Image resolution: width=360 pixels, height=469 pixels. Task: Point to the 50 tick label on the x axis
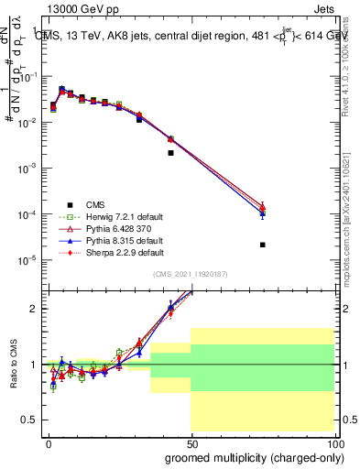(x=191, y=442)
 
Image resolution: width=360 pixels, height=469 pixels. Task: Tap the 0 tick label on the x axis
(x=49, y=442)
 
